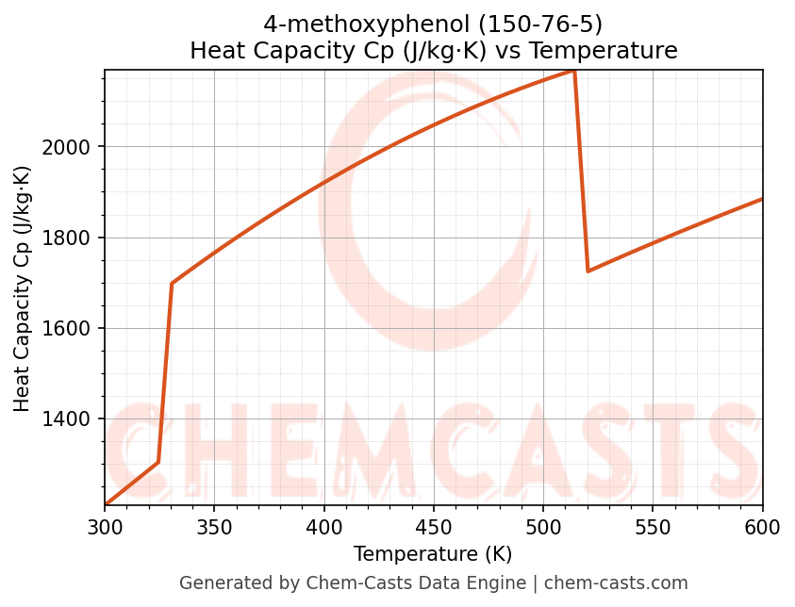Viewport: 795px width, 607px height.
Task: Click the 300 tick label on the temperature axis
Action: tap(105, 527)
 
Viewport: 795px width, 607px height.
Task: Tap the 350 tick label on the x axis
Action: tap(214, 527)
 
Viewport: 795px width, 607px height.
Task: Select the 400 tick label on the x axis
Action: tap(323, 527)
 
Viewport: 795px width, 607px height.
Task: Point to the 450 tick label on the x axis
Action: tap(433, 527)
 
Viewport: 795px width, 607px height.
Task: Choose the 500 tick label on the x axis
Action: tap(543, 527)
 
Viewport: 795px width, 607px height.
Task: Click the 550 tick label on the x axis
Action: tap(653, 527)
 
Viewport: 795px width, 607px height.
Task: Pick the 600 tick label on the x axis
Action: tap(762, 527)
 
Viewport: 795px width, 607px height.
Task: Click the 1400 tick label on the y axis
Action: tap(66, 419)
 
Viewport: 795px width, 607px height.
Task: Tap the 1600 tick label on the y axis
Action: tap(66, 329)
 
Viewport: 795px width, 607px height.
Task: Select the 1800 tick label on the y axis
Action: tap(66, 238)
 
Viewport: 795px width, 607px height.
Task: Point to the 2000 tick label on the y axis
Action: tap(66, 147)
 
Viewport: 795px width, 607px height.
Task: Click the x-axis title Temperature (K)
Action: tap(433, 554)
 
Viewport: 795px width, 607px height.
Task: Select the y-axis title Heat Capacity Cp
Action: tap(23, 288)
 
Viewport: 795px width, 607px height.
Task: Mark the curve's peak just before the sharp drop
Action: tap(573, 71)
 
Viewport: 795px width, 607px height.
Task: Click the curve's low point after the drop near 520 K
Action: tap(588, 271)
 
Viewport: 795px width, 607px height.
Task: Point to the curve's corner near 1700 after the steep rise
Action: tap(172, 283)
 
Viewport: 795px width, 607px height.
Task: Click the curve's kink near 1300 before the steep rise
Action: tap(157, 462)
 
